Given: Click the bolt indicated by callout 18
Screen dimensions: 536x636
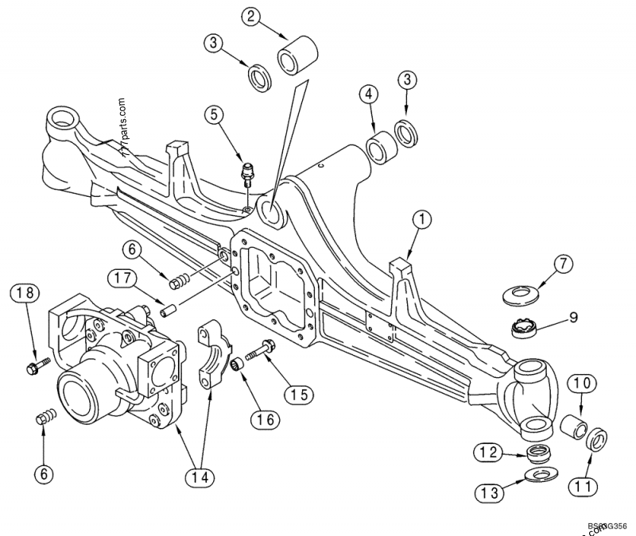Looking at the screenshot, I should tap(37, 365).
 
